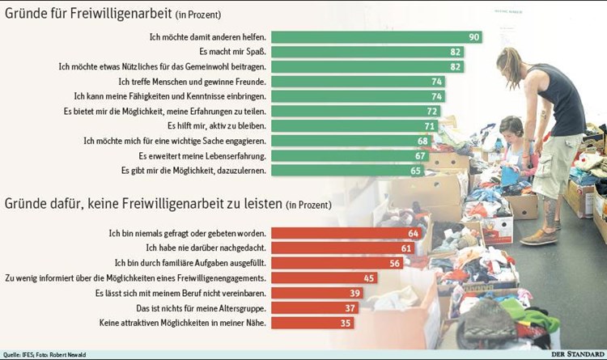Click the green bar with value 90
click(377, 37)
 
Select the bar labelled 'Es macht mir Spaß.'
click(368, 52)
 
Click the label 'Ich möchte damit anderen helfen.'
click(208, 37)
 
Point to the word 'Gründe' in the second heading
click(28, 205)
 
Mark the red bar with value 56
click(342, 263)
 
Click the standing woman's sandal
click(540, 236)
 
